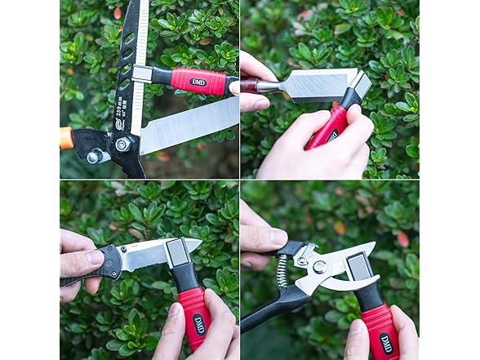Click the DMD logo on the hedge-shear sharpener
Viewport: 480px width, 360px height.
point(198,82)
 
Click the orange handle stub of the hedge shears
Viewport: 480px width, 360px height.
point(66,137)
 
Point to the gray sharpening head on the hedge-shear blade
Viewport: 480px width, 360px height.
point(141,73)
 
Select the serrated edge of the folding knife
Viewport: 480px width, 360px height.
point(143,260)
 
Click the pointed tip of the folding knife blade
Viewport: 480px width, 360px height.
point(197,242)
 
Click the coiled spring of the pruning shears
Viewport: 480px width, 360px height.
point(282,272)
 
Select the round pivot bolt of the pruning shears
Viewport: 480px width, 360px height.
point(319,267)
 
